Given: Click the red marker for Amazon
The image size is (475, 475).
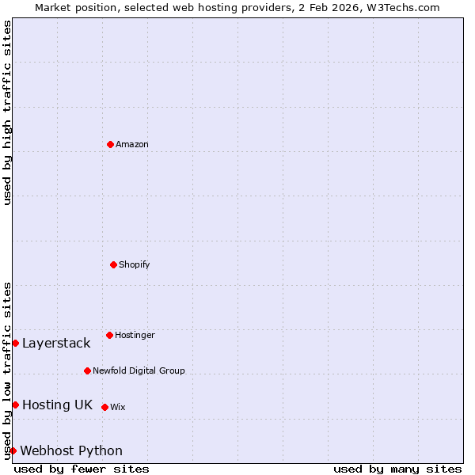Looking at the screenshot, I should tap(110, 144).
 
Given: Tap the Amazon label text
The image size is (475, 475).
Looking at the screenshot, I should tap(132, 144).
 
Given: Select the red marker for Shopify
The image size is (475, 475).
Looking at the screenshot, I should tap(113, 264).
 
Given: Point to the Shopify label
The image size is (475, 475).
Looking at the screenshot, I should tap(135, 264).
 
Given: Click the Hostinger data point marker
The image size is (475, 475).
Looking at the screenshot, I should tap(109, 335).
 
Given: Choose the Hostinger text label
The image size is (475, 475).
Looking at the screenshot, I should tap(135, 335).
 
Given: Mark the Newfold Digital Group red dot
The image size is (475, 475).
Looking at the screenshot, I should tap(87, 370).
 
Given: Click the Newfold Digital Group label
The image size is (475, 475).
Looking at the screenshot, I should tap(139, 370).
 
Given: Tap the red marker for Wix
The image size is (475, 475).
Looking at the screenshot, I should tap(104, 407).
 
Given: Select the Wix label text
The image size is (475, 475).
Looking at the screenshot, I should tap(118, 407).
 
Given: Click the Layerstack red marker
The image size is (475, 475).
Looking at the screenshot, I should tap(15, 343).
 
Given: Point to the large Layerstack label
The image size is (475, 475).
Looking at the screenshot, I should tap(56, 343).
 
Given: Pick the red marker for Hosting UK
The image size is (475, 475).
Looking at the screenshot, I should tap(15, 405).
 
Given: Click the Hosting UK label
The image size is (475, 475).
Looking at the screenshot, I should tap(57, 405).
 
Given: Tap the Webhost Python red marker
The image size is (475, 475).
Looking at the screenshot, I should tap(13, 450).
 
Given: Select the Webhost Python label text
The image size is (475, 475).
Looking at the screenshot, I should tap(71, 450).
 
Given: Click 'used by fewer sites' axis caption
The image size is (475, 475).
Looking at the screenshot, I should tap(82, 469).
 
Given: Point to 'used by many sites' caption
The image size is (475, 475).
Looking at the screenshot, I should tap(397, 469).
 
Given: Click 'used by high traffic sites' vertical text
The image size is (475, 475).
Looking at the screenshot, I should tap(7, 112).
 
